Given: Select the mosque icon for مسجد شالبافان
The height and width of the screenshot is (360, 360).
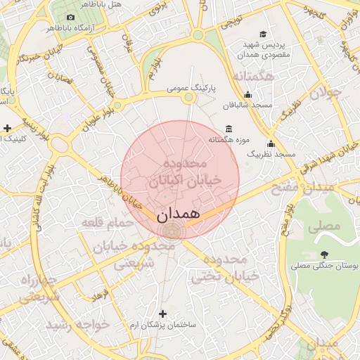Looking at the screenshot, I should pyautogui.click(x=247, y=95).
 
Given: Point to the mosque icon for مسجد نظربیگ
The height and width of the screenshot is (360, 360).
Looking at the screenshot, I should pyautogui.click(x=271, y=143).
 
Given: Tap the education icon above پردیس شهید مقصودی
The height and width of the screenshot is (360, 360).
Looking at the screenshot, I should pyautogui.click(x=263, y=34).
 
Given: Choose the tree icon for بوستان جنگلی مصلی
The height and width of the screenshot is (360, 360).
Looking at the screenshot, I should pyautogui.click(x=323, y=254).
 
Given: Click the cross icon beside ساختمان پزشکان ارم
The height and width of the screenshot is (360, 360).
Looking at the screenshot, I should pyautogui.click(x=163, y=314).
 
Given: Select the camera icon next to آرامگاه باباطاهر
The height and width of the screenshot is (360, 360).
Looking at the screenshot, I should pyautogui.click(x=70, y=17).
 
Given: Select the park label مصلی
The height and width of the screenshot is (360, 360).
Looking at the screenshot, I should pyautogui.click(x=324, y=226).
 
